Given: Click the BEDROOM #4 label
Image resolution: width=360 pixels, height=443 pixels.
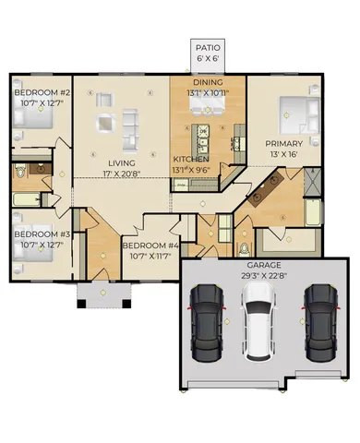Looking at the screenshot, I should (150, 245).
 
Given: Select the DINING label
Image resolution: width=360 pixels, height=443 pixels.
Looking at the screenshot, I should (209, 82).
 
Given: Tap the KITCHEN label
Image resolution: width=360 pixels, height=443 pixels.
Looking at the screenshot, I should (191, 159).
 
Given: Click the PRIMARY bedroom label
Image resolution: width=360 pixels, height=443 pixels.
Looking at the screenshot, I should (283, 144).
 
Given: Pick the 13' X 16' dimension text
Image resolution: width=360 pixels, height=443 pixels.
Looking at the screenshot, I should (283, 155).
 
